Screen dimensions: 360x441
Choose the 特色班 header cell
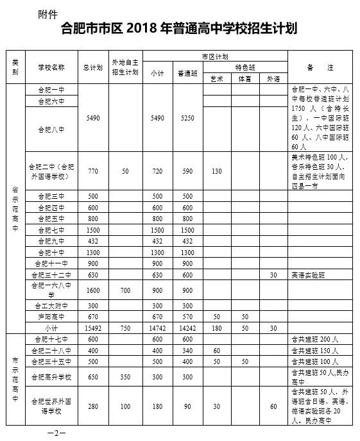[244, 67]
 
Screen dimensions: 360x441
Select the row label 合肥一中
[51, 90]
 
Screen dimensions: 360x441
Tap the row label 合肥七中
[51, 229]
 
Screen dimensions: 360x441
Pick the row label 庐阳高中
[51, 317]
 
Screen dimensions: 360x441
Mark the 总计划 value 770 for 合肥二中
[93, 172]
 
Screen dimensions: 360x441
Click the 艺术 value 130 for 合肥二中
[216, 172]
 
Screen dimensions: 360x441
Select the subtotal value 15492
[93, 328]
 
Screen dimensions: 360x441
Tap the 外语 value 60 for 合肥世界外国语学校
[273, 406]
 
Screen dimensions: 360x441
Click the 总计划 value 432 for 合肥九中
[93, 240]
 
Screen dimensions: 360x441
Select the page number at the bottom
[56, 433]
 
